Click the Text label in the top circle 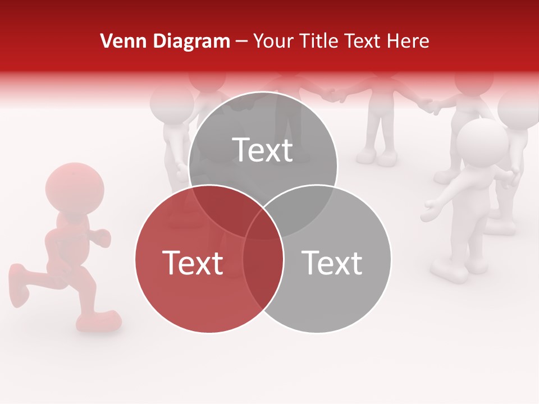[263, 150]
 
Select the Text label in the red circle [193, 263]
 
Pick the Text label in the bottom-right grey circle [332, 263]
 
